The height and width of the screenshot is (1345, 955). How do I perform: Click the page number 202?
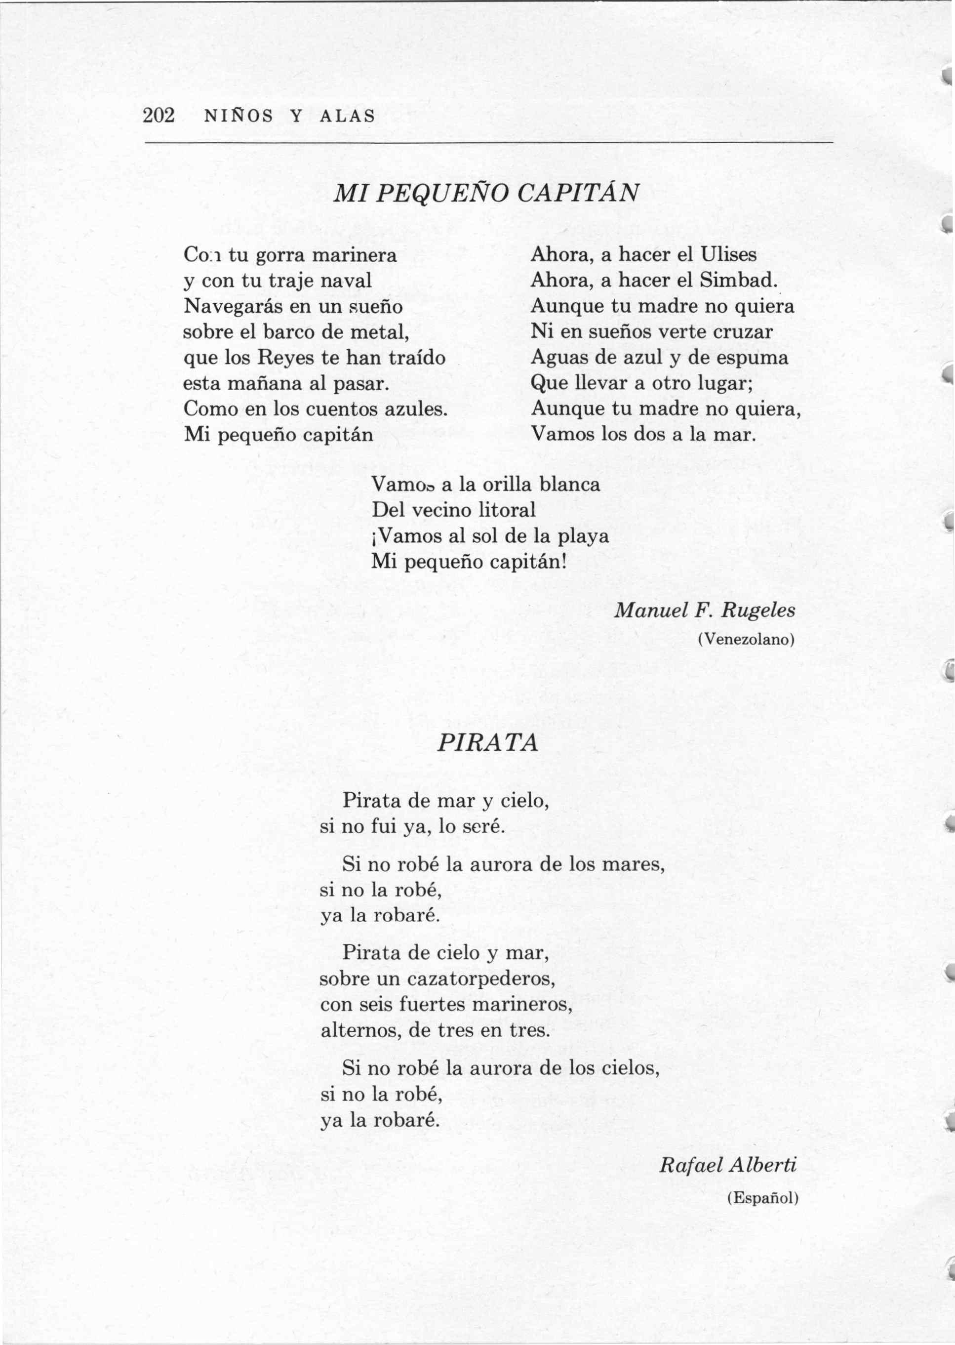(159, 116)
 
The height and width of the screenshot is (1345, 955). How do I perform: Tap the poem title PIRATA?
(487, 743)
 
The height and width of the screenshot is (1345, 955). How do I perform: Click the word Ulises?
(728, 255)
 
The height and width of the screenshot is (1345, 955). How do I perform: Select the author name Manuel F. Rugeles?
(705, 611)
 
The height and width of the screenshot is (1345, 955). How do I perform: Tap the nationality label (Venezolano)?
(746, 639)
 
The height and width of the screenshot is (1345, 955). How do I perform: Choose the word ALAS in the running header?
(347, 117)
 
